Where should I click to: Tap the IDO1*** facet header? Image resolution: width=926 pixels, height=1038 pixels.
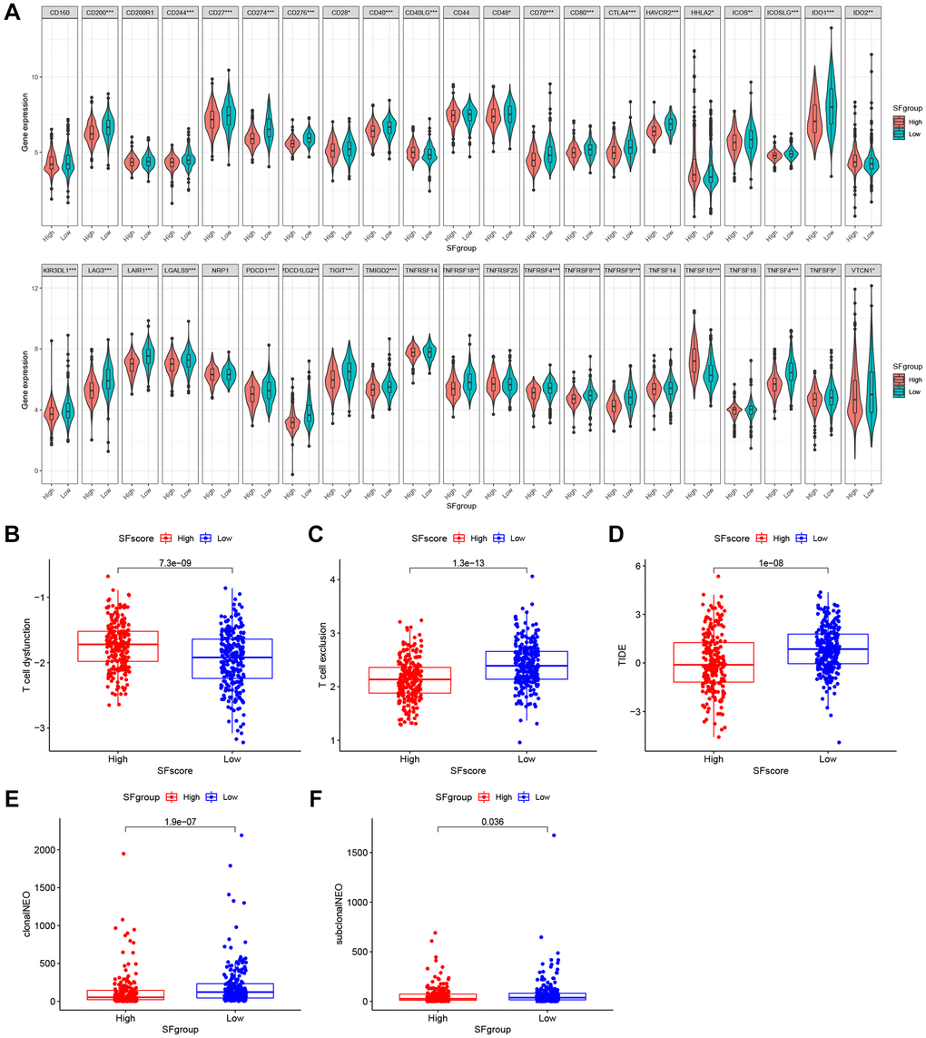(x=823, y=14)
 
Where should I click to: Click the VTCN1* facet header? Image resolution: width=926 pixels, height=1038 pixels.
(x=862, y=271)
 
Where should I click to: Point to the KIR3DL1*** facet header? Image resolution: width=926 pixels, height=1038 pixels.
(x=61, y=271)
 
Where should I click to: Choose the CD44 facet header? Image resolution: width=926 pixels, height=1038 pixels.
(x=462, y=14)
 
